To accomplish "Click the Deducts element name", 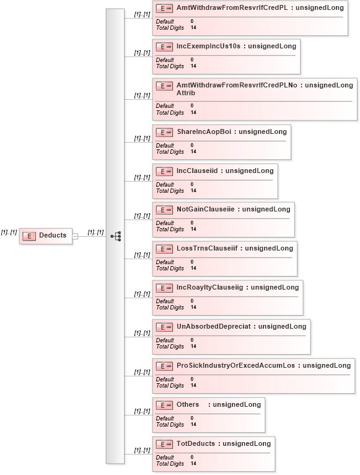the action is pyautogui.click(x=53, y=235).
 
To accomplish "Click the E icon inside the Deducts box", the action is pyautogui.click(x=29, y=236).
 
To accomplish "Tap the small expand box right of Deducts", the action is pyautogui.click(x=75, y=236).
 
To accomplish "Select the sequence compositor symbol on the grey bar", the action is pyautogui.click(x=116, y=236).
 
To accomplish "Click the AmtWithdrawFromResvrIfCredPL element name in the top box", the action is pyautogui.click(x=232, y=7).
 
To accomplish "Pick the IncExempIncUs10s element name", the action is pyautogui.click(x=208, y=46).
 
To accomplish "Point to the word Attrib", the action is pyautogui.click(x=186, y=93).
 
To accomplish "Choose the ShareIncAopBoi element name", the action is pyautogui.click(x=204, y=132).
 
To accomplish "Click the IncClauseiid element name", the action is pyautogui.click(x=197, y=171).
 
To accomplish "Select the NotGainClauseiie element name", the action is pyautogui.click(x=206, y=210).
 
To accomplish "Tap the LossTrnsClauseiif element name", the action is pyautogui.click(x=207, y=249).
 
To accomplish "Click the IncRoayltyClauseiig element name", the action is pyautogui.click(x=210, y=288).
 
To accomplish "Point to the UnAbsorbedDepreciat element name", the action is pyautogui.click(x=214, y=327).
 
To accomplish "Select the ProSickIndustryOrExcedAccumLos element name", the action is pyautogui.click(x=236, y=366).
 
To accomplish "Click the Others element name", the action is pyautogui.click(x=188, y=405).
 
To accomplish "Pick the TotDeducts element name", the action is pyautogui.click(x=196, y=444).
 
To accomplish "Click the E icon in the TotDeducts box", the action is pyautogui.click(x=164, y=445).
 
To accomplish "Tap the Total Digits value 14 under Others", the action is pyautogui.click(x=193, y=424).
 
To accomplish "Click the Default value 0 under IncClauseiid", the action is pyautogui.click(x=192, y=184).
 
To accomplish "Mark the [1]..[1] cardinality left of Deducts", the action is pyautogui.click(x=9, y=233).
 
